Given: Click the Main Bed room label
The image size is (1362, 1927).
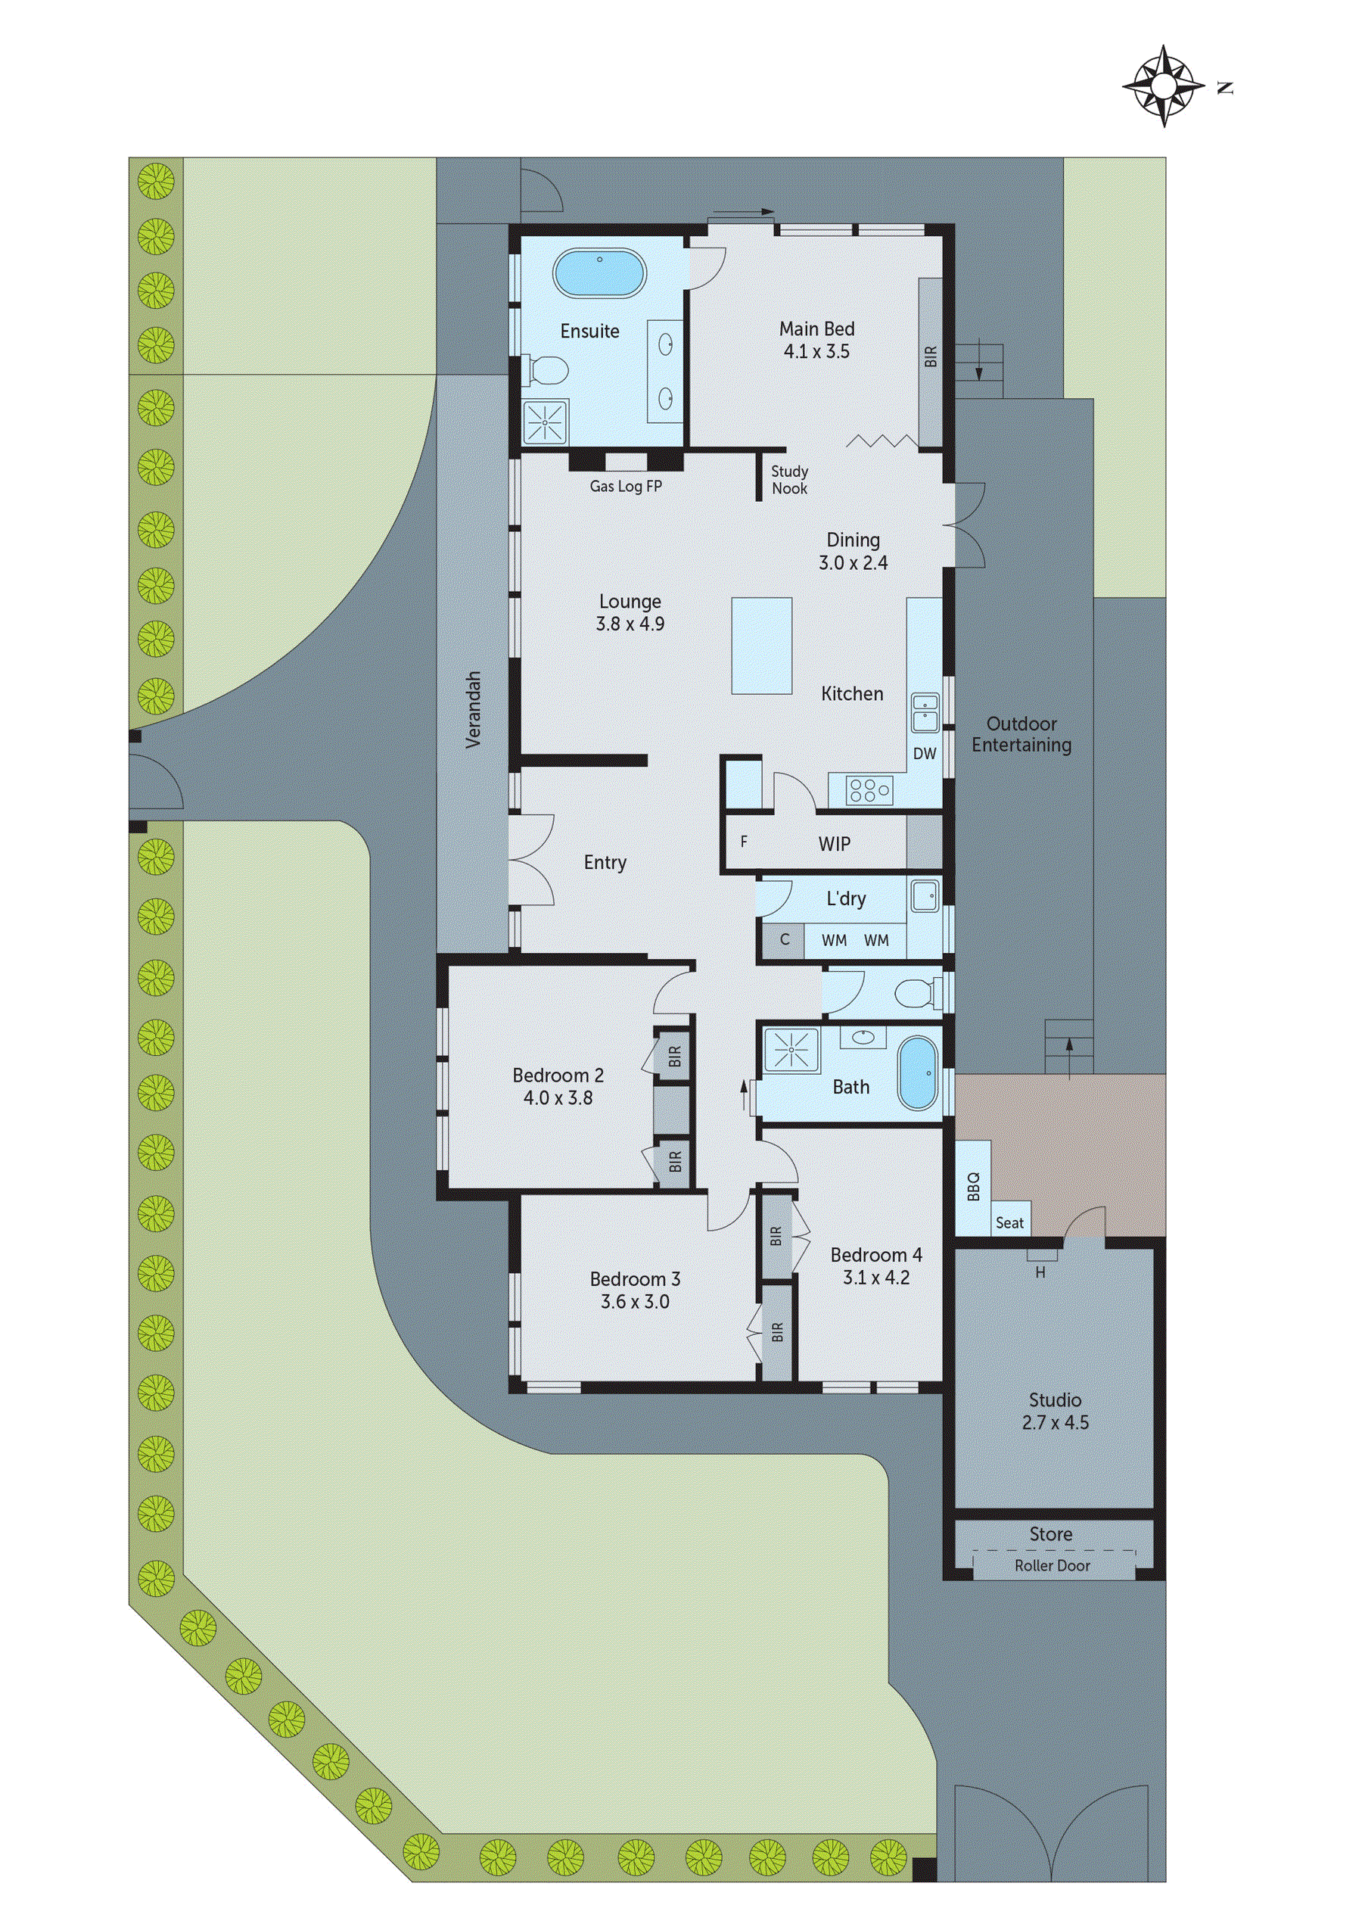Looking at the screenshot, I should click(816, 329).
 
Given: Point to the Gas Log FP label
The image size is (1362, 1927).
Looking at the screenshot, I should click(625, 486).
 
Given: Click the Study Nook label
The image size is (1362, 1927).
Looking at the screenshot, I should click(789, 480).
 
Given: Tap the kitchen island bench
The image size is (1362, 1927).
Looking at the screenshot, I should click(761, 646).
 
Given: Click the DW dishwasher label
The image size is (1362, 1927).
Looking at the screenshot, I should click(924, 754).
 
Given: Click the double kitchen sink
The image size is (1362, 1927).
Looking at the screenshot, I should click(925, 711).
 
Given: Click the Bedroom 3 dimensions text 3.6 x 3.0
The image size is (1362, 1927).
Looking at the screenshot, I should click(634, 1302).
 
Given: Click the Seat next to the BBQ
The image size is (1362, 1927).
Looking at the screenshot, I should click(1009, 1223).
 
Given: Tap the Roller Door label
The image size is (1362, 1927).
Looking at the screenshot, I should click(1052, 1565).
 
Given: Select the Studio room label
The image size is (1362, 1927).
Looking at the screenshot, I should click(1055, 1400).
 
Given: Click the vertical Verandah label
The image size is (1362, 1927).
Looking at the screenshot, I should click(474, 709).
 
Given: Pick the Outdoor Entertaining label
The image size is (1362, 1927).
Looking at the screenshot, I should click(1022, 734).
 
